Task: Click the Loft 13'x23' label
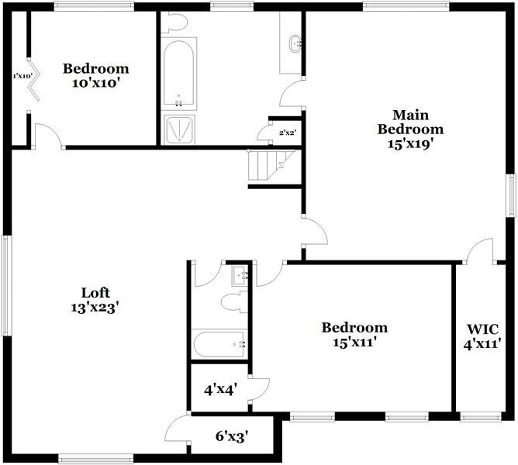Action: (x=95, y=300)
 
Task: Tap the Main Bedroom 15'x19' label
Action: (x=409, y=129)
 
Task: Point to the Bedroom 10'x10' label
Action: (x=95, y=75)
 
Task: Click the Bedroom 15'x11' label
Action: (x=354, y=334)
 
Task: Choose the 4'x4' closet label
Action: (x=220, y=390)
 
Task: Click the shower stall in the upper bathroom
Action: (x=178, y=129)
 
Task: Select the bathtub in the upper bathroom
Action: (x=178, y=74)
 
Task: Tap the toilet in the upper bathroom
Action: (x=178, y=22)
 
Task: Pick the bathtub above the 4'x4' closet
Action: (x=220, y=343)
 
